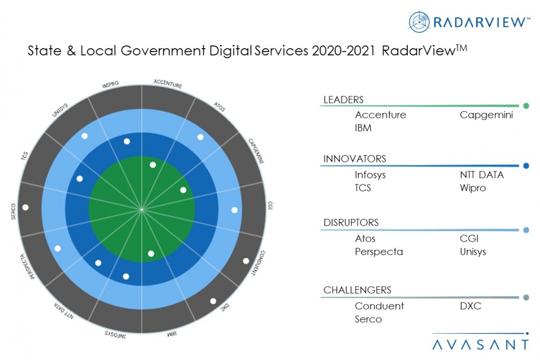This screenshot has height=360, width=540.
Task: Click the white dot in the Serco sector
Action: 25,207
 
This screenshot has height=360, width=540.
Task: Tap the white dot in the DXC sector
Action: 213,301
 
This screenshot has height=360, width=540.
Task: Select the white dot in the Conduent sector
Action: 245,260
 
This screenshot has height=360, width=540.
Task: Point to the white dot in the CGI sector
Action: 234,210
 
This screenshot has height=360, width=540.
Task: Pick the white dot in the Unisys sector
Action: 84,136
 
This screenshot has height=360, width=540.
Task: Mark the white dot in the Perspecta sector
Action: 58,248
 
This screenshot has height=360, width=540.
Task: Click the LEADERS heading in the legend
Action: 343,100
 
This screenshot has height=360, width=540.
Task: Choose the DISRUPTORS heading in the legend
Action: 351,223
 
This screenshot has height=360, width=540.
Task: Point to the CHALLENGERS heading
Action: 357,290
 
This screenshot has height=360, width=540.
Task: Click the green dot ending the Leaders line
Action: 526,106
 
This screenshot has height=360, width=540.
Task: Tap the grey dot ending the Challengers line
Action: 526,298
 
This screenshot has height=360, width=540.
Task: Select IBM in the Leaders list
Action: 363,128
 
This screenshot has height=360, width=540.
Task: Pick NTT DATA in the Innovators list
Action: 481,175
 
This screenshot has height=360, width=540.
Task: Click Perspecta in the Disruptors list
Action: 379,252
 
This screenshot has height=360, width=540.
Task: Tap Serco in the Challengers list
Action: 368,319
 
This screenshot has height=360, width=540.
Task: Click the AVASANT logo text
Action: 481,344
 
